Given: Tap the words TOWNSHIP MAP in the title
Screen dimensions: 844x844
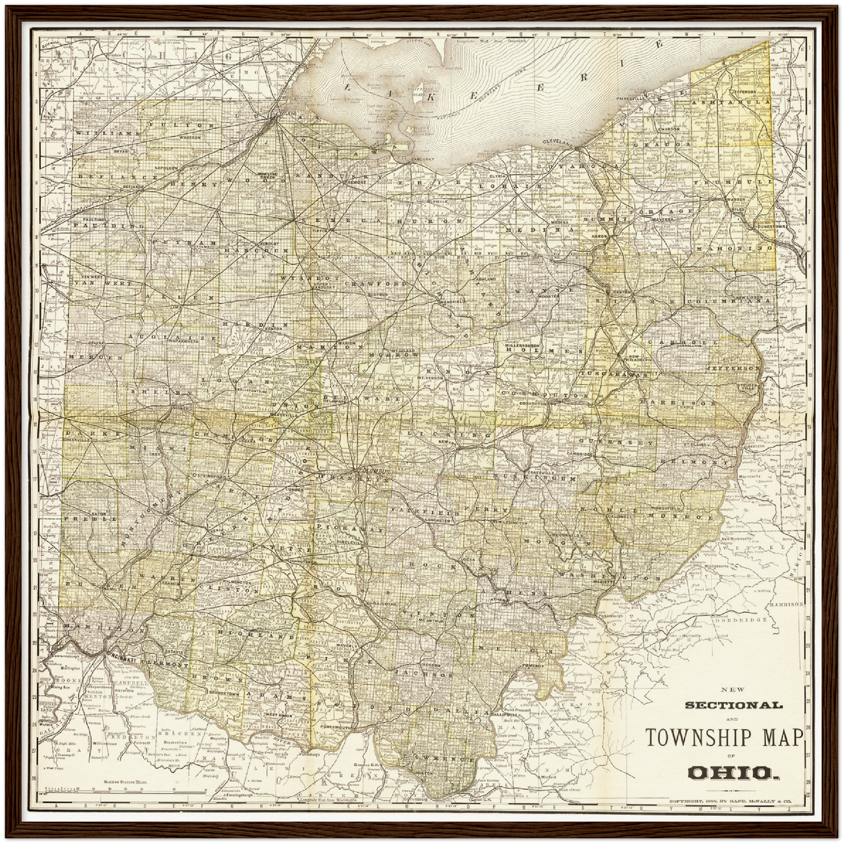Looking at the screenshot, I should point(724,738).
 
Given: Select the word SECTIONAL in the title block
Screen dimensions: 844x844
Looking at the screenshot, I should point(733,706).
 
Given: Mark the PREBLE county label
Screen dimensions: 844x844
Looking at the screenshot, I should point(83,518).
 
